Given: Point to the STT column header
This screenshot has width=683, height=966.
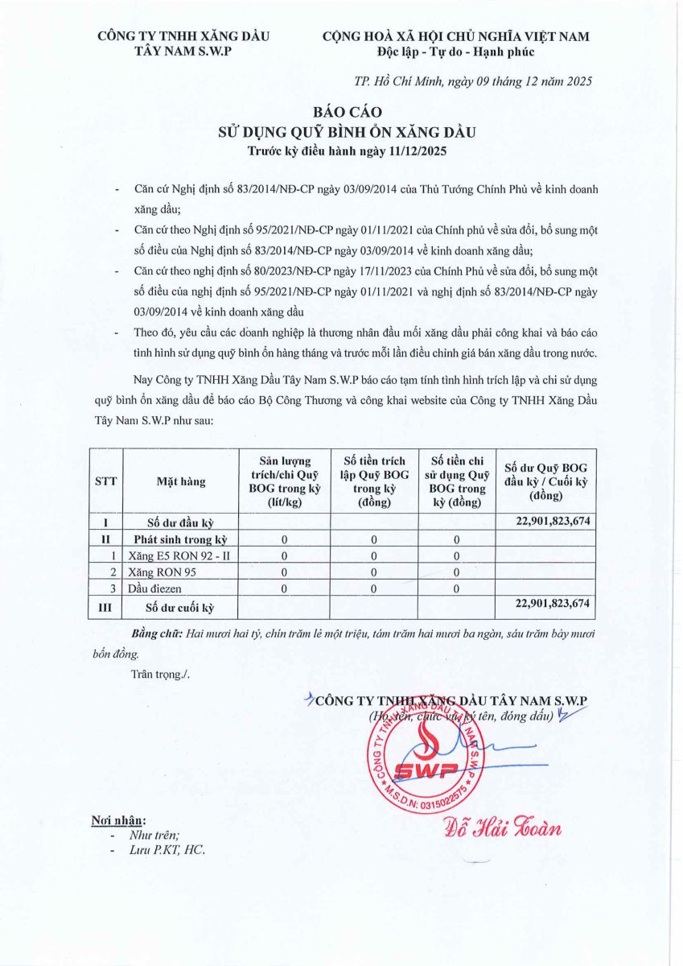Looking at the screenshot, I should pyautogui.click(x=105, y=481).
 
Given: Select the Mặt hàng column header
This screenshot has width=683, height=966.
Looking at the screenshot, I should pyautogui.click(x=181, y=481).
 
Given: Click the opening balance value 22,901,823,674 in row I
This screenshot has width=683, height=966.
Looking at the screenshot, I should pyautogui.click(x=548, y=521).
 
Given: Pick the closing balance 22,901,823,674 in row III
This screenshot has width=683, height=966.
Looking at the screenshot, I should pyautogui.click(x=548, y=603).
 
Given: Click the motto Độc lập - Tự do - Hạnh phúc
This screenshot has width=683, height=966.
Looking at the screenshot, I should pyautogui.click(x=455, y=52).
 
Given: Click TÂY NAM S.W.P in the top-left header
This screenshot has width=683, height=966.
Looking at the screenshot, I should pyautogui.click(x=183, y=52).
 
